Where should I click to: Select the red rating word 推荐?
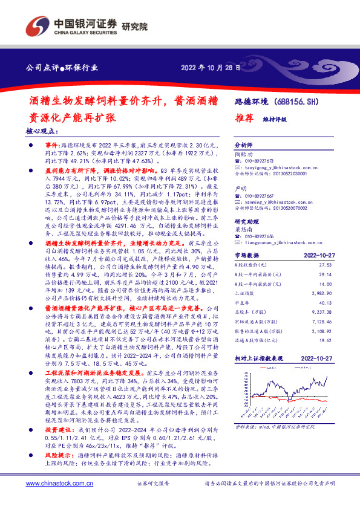pos(242,118)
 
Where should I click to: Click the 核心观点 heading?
pos(42,131)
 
